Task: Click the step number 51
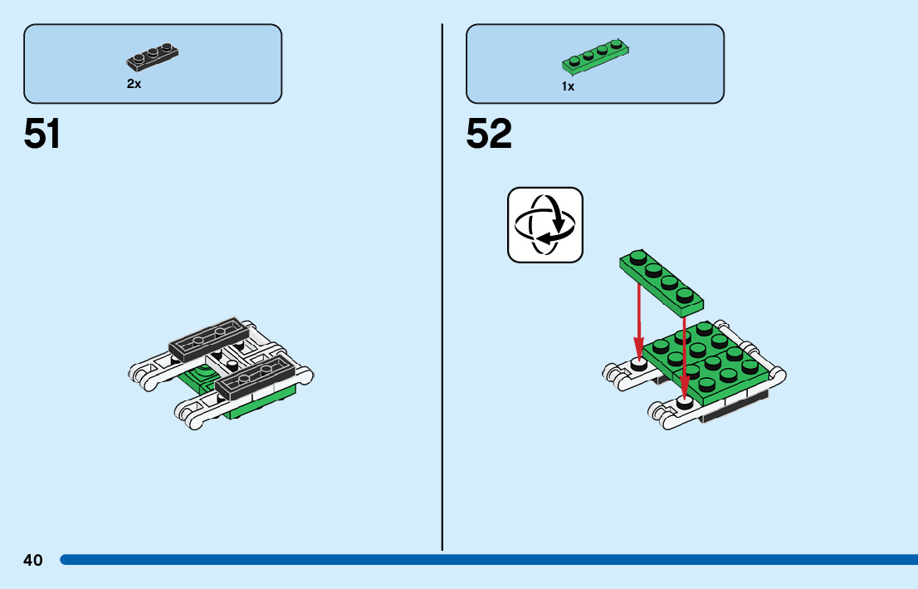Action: pos(42,134)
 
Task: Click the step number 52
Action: pos(489,134)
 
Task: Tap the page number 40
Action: pos(33,560)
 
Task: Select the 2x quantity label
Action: pos(134,84)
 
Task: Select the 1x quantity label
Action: pos(568,86)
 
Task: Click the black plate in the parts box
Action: pos(154,56)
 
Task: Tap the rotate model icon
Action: pos(545,225)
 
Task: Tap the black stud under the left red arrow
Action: pos(638,364)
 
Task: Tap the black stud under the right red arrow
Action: pos(685,403)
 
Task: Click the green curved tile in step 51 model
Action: pos(199,379)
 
